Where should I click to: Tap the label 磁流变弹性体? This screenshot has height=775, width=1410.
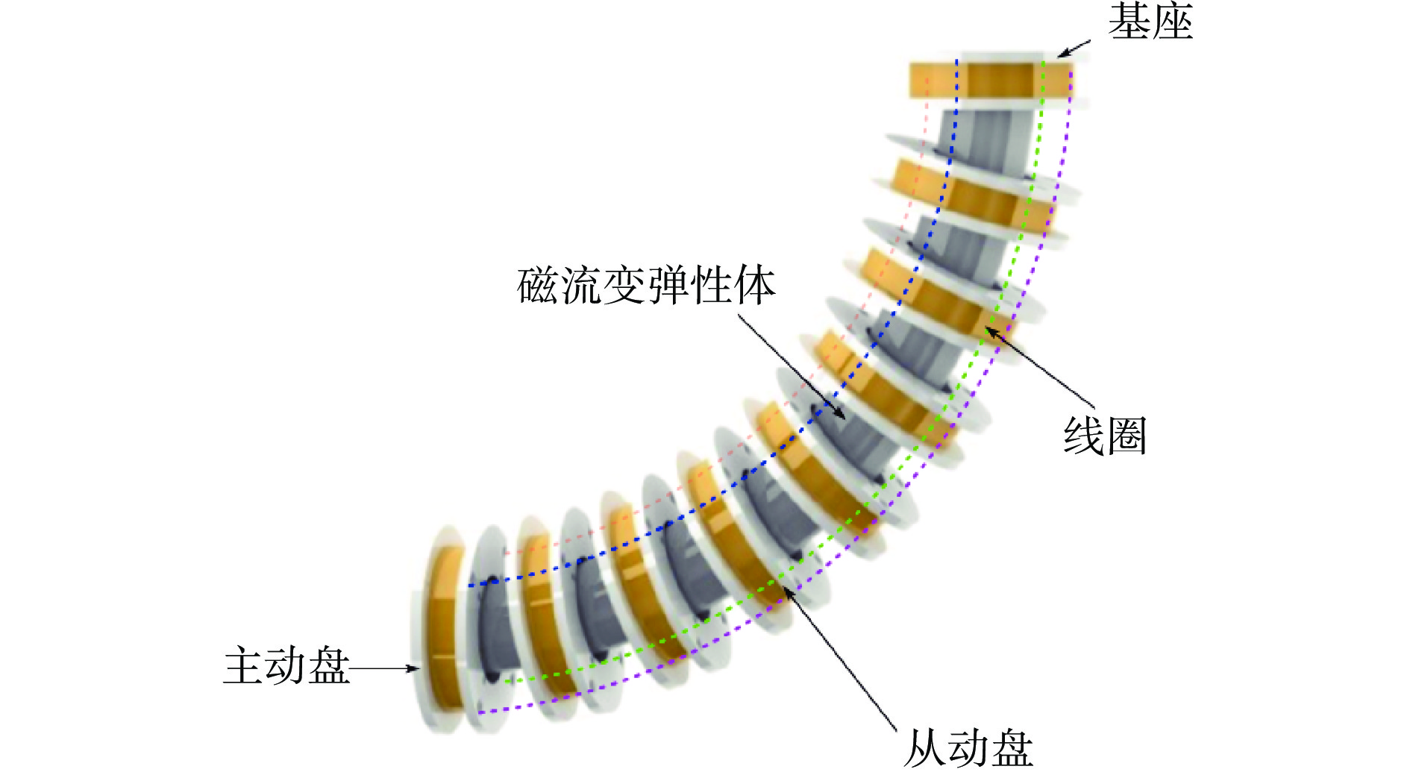pos(646,285)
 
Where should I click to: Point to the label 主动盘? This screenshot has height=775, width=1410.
pos(286,665)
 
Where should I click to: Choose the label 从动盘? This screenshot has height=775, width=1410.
pos(968,748)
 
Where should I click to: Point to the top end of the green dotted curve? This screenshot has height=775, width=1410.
pos(1044,62)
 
